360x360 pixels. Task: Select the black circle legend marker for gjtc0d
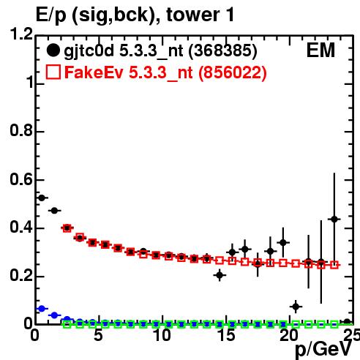53,50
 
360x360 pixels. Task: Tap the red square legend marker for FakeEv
53,72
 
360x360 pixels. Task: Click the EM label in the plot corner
320,50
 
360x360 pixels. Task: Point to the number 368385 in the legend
222,50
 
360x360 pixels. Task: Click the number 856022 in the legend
232,72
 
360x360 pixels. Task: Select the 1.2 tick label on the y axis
21,34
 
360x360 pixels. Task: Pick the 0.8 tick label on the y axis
21,130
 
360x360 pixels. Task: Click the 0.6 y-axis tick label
21,179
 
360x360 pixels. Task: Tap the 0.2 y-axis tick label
21,276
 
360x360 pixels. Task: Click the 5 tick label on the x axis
98,335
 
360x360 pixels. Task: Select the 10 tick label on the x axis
162,335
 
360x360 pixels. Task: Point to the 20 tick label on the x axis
289,335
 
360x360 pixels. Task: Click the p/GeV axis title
323,350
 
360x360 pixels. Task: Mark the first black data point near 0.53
42,198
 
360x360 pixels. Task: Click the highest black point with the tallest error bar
334,220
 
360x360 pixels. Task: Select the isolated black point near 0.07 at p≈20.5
296,307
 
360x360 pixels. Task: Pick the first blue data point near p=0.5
42,309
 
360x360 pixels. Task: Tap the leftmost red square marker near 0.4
67,228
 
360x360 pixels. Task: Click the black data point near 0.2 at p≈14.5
220,275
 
